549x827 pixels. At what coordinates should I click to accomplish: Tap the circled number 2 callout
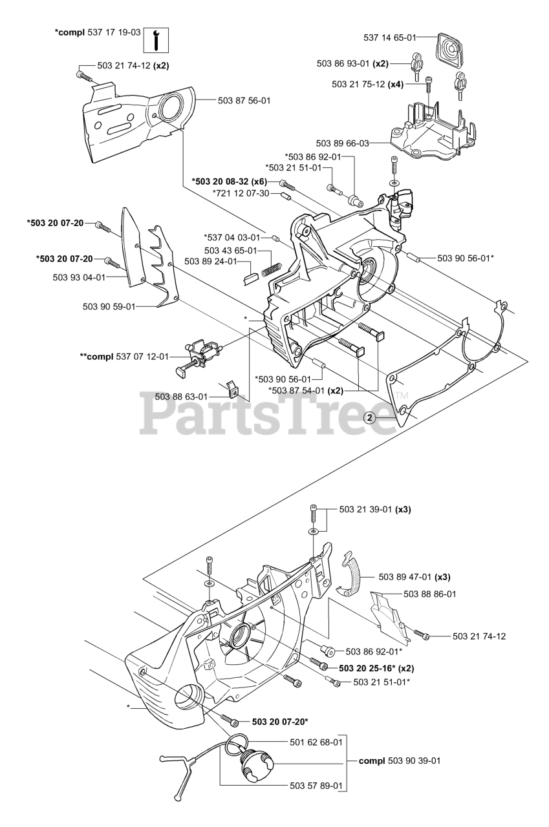tap(370, 417)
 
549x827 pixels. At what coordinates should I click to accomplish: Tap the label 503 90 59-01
tap(109, 307)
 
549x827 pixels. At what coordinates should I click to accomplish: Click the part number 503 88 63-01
tap(181, 396)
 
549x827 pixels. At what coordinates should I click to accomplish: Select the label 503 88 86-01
tap(430, 593)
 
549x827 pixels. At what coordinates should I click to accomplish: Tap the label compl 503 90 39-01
tap(400, 760)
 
